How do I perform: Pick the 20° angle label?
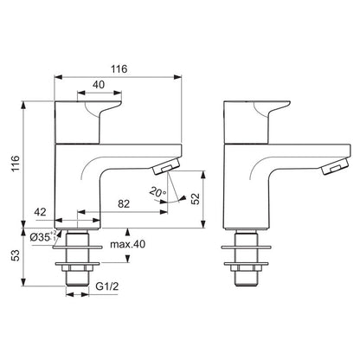tap(157, 194)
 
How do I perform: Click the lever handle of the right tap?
tap(257, 113)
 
